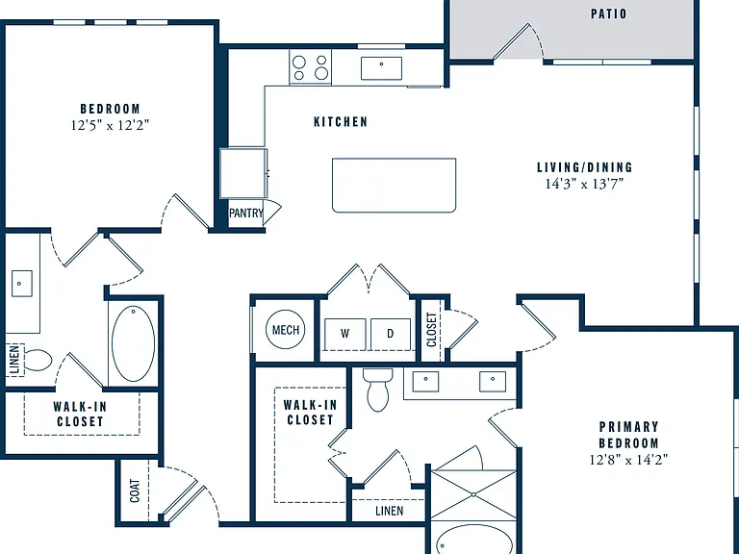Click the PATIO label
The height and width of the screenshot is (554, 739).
point(608,13)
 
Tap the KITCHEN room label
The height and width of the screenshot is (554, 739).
point(341,122)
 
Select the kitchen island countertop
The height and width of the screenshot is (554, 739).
point(394,185)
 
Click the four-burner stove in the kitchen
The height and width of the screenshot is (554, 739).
point(310,67)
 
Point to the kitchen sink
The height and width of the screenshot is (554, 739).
point(381,68)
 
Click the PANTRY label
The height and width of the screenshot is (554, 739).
point(246,213)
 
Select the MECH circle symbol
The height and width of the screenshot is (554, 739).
point(286,329)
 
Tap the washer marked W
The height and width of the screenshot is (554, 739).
point(345,335)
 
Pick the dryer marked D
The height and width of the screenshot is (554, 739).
point(391,335)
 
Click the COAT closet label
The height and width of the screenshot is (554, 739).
point(135,491)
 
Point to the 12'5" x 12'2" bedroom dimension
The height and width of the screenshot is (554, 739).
point(110,125)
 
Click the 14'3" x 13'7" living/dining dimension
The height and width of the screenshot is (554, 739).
point(584,184)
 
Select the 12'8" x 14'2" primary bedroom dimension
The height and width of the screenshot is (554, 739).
point(628,460)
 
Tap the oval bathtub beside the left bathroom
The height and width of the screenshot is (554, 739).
point(134,343)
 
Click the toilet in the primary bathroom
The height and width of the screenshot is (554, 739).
point(378,390)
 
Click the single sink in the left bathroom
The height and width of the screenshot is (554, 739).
point(22,284)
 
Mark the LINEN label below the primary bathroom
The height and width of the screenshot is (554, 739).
point(390,511)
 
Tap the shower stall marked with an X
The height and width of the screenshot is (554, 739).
point(473,495)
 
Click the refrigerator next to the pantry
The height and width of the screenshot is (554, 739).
point(243,173)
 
